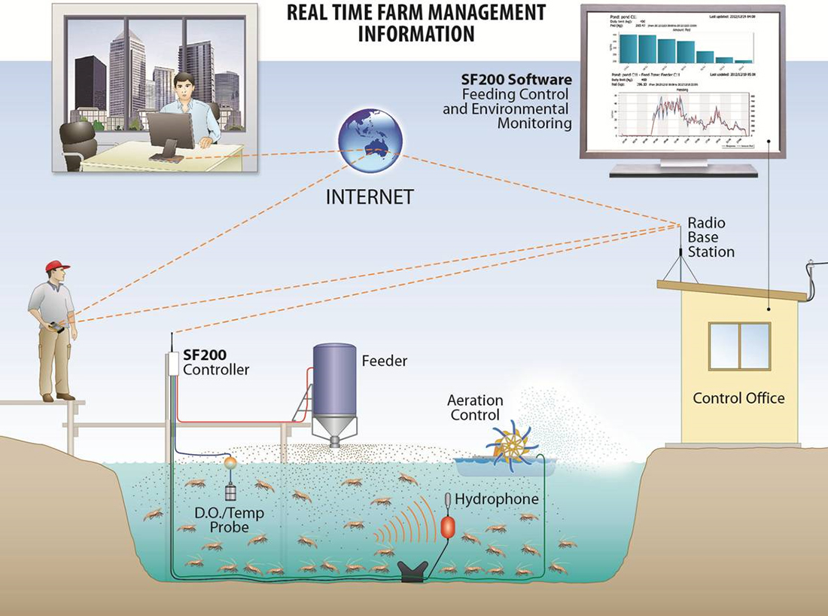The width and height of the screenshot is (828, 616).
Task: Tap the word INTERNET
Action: [x=370, y=197]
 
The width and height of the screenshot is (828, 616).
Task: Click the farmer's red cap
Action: [x=56, y=266]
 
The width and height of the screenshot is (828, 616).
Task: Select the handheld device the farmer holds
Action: [x=55, y=328]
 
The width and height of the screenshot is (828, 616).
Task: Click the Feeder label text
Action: [x=384, y=361]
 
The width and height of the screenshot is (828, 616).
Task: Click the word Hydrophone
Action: [x=497, y=499]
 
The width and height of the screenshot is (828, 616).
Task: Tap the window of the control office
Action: [x=739, y=346]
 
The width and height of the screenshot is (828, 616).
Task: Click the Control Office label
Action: [x=738, y=398]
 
